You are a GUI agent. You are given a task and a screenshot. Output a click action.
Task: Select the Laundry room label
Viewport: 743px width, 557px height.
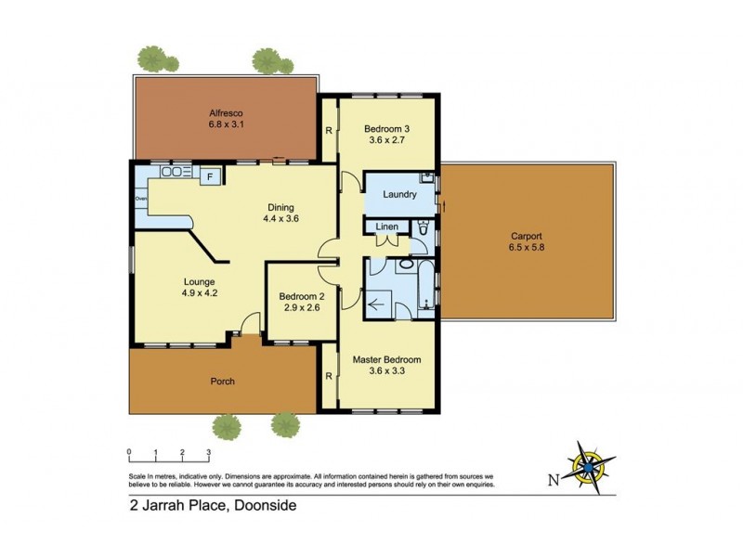pyautogui.click(x=398, y=195)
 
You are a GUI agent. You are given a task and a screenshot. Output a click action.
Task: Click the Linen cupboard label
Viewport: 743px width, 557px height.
pyautogui.click(x=387, y=227)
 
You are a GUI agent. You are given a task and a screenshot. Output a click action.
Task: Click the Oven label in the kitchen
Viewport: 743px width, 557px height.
pyautogui.click(x=141, y=198)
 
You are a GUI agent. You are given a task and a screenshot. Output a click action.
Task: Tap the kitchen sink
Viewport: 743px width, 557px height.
pyautogui.click(x=173, y=172)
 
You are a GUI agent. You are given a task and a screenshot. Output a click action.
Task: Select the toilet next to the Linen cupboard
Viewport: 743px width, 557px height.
pyautogui.click(x=424, y=227)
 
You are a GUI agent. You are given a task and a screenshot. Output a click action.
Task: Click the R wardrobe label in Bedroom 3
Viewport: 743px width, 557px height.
pyautogui.click(x=328, y=130)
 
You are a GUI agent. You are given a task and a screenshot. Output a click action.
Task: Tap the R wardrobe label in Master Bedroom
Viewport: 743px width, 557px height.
pyautogui.click(x=328, y=376)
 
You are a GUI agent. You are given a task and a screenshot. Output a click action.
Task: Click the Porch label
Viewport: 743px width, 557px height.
pyautogui.click(x=222, y=381)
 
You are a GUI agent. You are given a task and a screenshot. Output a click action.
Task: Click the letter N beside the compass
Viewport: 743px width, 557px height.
pyautogui.click(x=552, y=480)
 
